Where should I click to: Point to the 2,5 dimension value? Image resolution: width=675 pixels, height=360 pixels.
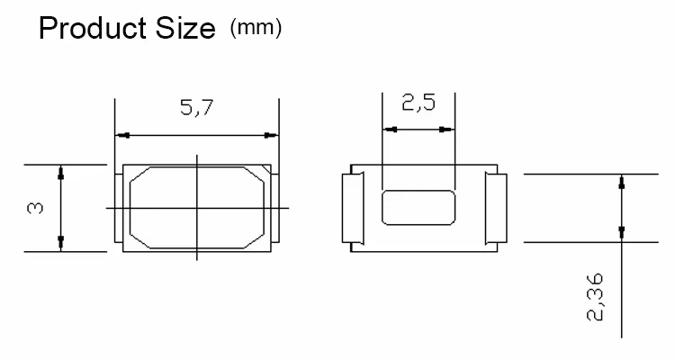click(x=418, y=104)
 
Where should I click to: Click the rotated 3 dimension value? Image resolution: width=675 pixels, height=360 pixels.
click(x=35, y=209)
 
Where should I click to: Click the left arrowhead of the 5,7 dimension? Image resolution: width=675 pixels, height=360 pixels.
click(x=122, y=135)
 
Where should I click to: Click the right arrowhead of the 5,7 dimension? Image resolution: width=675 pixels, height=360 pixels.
click(x=271, y=135)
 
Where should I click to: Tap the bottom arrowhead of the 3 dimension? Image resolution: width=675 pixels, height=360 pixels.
click(x=60, y=245)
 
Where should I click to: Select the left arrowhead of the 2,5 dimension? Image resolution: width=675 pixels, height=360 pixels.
click(x=390, y=130)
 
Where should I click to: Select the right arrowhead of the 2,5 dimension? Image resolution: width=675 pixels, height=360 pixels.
click(x=446, y=130)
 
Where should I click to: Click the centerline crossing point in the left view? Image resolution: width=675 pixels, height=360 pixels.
click(x=197, y=208)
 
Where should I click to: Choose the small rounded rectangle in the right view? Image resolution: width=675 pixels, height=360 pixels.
click(x=418, y=207)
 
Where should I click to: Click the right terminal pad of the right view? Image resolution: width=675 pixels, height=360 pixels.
click(x=496, y=208)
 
